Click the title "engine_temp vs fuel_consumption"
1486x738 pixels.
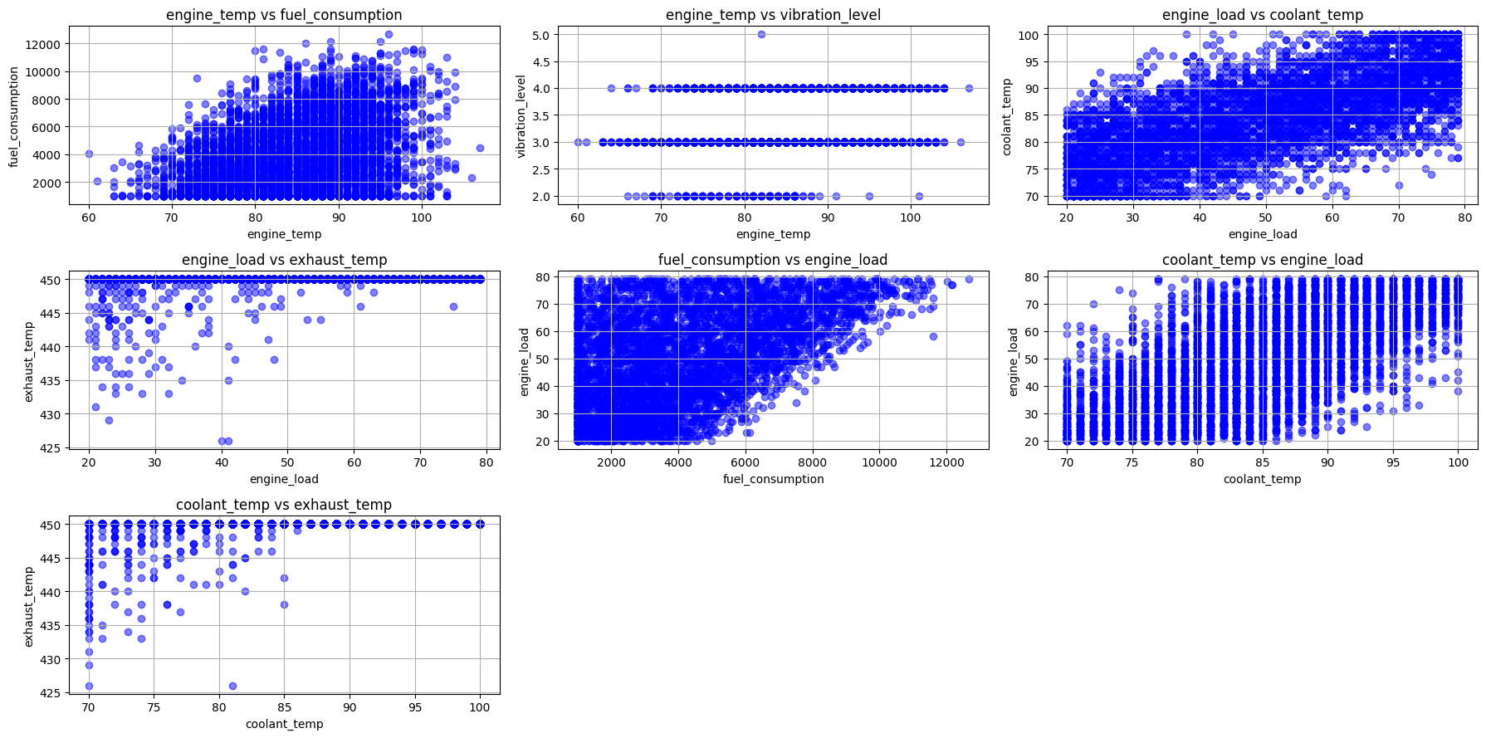[284, 15]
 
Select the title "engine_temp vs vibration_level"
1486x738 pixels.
[773, 15]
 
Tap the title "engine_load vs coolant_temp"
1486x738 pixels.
[1262, 15]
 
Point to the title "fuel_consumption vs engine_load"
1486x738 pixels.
[773, 260]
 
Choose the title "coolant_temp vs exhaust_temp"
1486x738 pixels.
[284, 505]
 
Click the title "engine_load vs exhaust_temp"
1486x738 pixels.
[284, 260]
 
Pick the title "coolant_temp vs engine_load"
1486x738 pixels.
[1262, 260]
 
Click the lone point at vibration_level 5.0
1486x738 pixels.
[761, 34]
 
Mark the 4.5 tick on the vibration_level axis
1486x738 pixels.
[541, 61]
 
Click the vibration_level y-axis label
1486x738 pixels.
[521, 116]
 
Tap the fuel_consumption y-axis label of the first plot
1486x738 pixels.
[14, 116]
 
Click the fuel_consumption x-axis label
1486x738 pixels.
[773, 479]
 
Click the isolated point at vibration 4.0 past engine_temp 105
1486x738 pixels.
[969, 88]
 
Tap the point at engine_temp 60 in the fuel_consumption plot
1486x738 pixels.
[89, 154]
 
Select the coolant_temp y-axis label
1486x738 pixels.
[1007, 116]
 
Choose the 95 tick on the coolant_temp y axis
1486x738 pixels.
[1030, 61]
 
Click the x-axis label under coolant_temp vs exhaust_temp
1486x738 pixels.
[284, 724]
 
